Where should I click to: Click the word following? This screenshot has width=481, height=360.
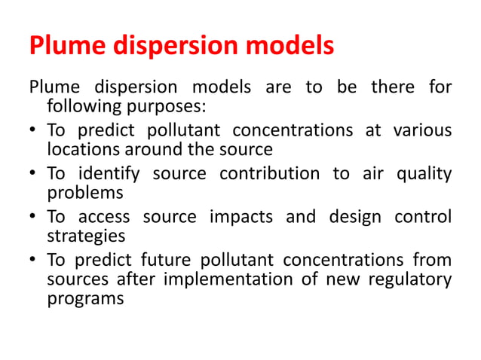click(78, 105)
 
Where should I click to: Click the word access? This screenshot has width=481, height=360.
click(100, 217)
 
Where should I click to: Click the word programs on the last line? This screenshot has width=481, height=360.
click(85, 297)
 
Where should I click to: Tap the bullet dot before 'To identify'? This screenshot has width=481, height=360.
click(35, 174)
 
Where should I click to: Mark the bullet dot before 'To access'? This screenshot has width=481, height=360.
click(35, 217)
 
